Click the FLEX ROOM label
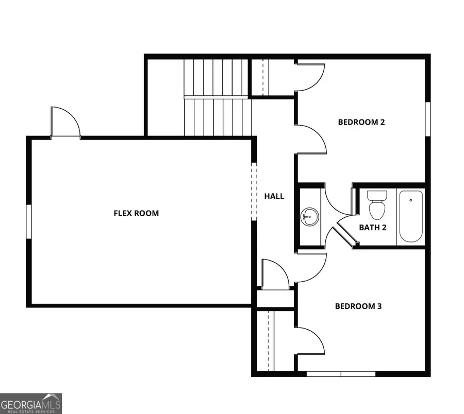point(136,213)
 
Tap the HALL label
point(274,196)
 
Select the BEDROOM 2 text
point(361,122)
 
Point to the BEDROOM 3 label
point(358,306)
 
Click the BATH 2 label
point(373,227)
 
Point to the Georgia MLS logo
point(31,403)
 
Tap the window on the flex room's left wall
point(29,221)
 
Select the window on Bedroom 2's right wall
point(427,119)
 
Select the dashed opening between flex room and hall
point(253,191)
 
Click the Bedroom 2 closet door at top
point(309,76)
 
